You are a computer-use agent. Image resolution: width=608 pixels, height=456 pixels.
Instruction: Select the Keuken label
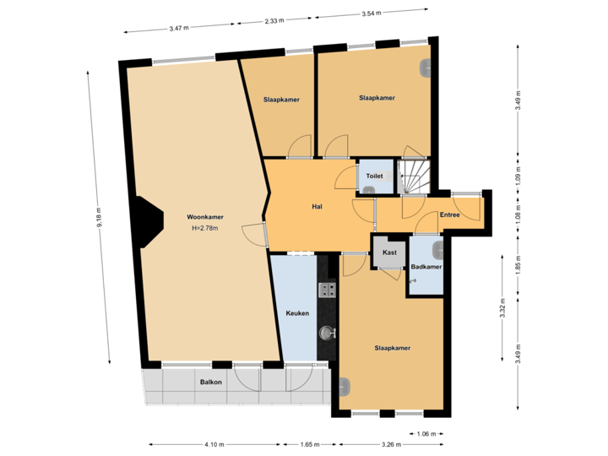coord(297,313)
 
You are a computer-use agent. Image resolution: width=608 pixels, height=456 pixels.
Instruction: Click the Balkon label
coord(211,383)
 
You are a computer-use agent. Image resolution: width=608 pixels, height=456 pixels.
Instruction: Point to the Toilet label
coord(374,176)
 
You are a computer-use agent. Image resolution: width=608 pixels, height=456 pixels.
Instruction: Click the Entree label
coord(450,215)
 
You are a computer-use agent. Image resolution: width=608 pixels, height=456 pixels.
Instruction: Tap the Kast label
coord(389,252)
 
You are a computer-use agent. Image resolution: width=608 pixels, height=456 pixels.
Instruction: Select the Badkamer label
coord(426,267)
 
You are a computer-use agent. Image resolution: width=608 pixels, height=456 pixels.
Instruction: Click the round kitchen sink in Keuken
coord(326,333)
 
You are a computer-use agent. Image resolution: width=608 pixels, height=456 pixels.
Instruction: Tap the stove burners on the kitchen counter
coord(327,290)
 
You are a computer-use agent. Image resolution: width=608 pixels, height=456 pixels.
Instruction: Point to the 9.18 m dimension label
coord(99,217)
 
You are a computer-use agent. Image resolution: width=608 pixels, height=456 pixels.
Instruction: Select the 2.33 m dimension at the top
coord(273,20)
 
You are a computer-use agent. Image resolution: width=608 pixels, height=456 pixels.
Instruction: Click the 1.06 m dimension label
coord(427,434)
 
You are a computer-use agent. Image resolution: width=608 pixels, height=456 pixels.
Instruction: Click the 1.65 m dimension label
coord(309,444)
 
